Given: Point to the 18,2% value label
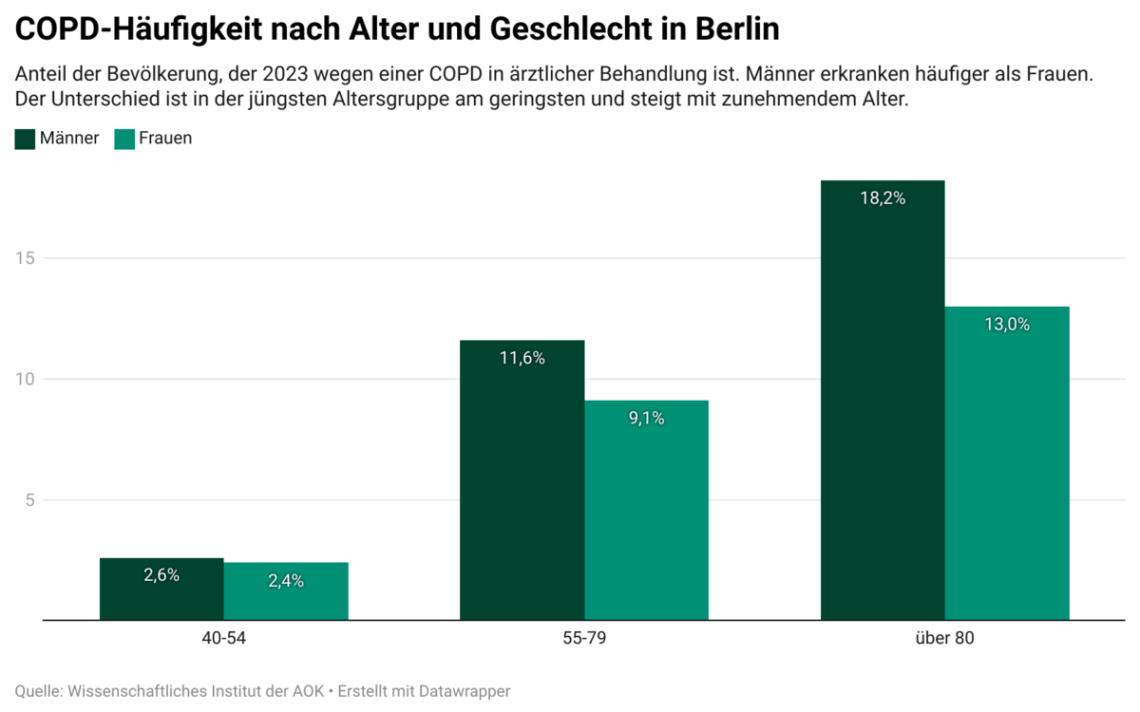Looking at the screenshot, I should click(x=883, y=198).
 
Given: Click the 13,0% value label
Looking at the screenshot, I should click(x=1007, y=325).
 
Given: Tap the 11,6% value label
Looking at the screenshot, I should click(x=522, y=359).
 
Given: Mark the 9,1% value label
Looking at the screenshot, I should click(x=646, y=419).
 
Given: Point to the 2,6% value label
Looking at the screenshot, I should click(x=161, y=575).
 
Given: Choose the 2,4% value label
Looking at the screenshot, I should click(x=286, y=581).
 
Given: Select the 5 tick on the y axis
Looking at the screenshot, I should click(x=28, y=500).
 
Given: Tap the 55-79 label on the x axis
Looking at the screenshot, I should click(x=584, y=639).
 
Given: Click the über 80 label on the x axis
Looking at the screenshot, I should click(x=944, y=639).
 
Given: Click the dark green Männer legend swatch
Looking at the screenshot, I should click(x=26, y=139).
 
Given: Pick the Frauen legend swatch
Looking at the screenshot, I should click(x=124, y=139).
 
